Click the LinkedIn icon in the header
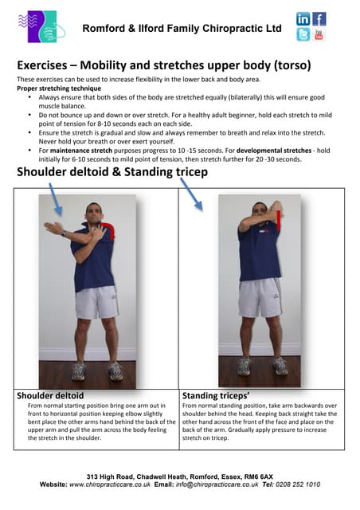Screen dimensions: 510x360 tap(303, 19)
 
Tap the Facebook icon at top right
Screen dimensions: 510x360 tap(319, 19)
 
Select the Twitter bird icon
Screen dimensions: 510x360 tap(303, 35)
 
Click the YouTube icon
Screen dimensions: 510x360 tap(319, 35)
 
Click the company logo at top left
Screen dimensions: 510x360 tap(39, 26)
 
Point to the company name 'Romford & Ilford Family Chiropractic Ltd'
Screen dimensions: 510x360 tap(182, 29)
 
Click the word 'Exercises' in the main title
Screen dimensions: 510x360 tap(48, 65)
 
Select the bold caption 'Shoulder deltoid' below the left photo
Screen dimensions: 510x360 tap(50, 395)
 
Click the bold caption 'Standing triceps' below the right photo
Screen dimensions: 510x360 tap(217, 395)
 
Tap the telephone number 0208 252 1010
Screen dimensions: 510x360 tap(302, 484)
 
